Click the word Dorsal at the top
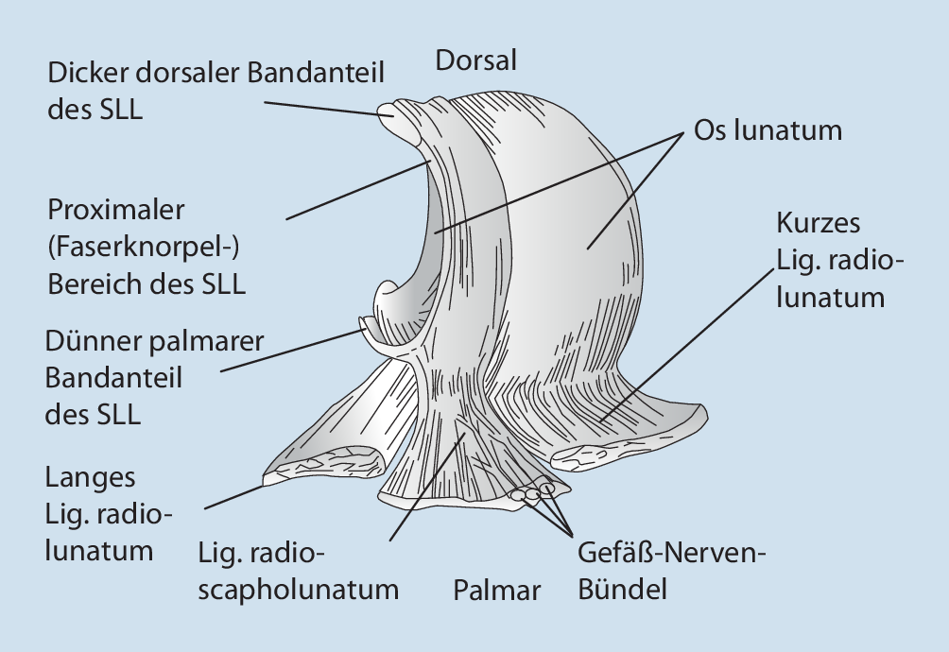point(475,61)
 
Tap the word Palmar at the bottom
point(496,592)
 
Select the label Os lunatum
point(767,129)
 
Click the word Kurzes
point(819,224)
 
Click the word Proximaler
point(116,209)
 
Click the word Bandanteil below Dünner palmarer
point(113,378)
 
